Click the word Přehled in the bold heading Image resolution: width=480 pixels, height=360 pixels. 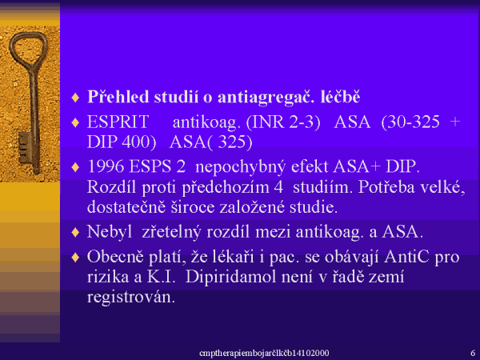(118, 97)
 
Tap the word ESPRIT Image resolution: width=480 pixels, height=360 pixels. (118, 122)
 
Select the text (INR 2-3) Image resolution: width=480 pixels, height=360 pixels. (283, 122)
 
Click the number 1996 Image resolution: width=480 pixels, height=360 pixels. (106, 166)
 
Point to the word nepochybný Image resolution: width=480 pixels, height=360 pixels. (240, 167)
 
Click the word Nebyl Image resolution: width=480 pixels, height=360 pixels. (110, 232)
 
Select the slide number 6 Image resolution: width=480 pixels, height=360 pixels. (473, 353)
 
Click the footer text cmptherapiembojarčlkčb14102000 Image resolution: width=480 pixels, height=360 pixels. (264, 353)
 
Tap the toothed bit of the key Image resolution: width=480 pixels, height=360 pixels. (25, 147)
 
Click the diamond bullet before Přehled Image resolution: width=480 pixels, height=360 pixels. (75, 98)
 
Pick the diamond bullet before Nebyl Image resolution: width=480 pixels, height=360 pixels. (75, 232)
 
